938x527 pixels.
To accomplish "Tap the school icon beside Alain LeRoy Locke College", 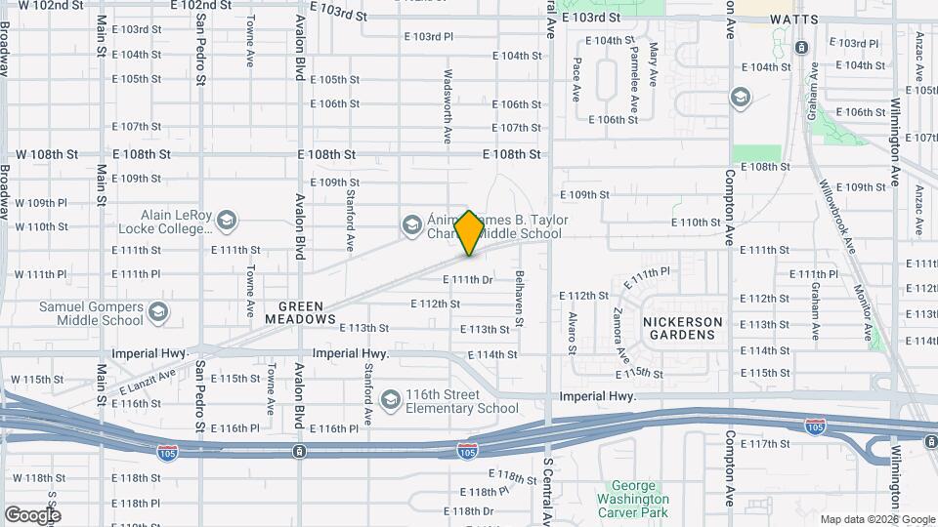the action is [x=227, y=221].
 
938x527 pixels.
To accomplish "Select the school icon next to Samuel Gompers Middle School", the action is [x=158, y=312].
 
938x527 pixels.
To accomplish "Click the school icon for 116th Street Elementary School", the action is [x=391, y=399].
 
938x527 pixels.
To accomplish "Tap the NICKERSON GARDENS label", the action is [x=683, y=327].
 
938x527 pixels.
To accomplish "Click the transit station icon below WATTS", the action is [x=801, y=47].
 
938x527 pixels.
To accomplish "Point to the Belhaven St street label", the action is [x=520, y=299].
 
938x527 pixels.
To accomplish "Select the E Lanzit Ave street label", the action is [x=148, y=381].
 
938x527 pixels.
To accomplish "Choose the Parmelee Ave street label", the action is [x=632, y=82].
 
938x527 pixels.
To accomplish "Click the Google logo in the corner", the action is [x=32, y=514].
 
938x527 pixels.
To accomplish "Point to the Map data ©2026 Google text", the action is [x=876, y=519].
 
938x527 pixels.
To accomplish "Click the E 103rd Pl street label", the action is [x=429, y=36].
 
